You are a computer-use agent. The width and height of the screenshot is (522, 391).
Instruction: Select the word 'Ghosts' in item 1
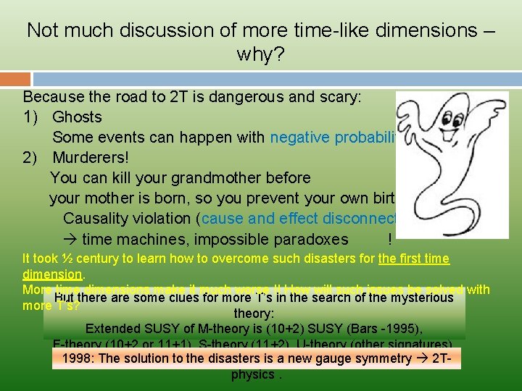point(77,117)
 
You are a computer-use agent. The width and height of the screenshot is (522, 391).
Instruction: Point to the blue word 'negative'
point(299,138)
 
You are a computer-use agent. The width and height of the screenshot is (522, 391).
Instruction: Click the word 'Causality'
point(96,219)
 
